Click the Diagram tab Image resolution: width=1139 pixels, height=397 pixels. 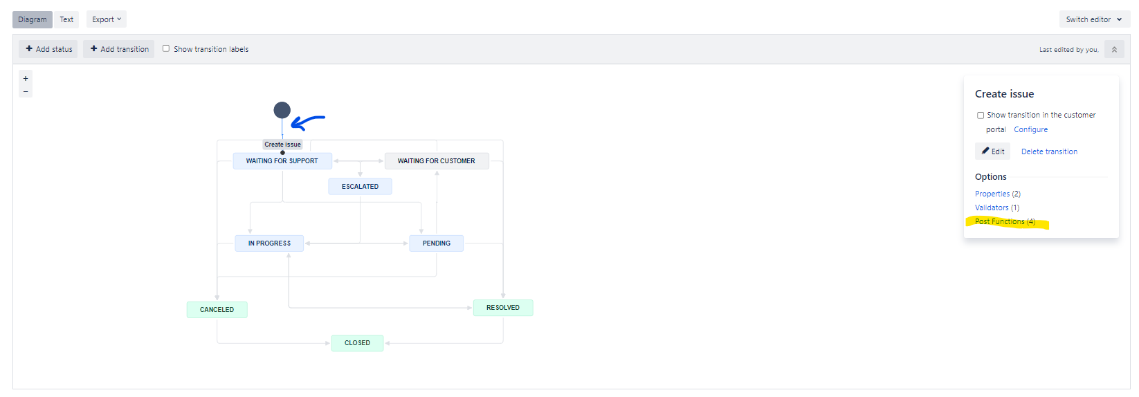(x=32, y=19)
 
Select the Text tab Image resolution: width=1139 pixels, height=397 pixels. (x=66, y=19)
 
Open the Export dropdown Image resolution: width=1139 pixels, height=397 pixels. (x=107, y=19)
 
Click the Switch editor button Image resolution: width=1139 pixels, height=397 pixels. (x=1094, y=19)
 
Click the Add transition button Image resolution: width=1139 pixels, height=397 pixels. (x=119, y=49)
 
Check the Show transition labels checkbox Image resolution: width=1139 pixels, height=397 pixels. (x=166, y=49)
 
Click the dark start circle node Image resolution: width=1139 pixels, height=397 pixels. (x=282, y=110)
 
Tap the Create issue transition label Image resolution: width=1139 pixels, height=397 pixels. (x=283, y=145)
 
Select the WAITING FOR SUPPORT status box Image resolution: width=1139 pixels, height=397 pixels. (x=282, y=160)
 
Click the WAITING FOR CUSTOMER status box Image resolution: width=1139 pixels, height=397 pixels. (x=436, y=160)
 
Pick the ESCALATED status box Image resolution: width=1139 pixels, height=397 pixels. (x=360, y=187)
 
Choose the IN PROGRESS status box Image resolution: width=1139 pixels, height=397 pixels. (x=269, y=243)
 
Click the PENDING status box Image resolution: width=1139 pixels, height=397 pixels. (x=436, y=243)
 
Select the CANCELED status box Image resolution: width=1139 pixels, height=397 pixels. (x=217, y=310)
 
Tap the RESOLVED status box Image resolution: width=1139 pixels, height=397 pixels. (x=503, y=308)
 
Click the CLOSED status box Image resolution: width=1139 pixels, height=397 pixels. (x=358, y=343)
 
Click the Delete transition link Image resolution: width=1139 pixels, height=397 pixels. (x=1049, y=151)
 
